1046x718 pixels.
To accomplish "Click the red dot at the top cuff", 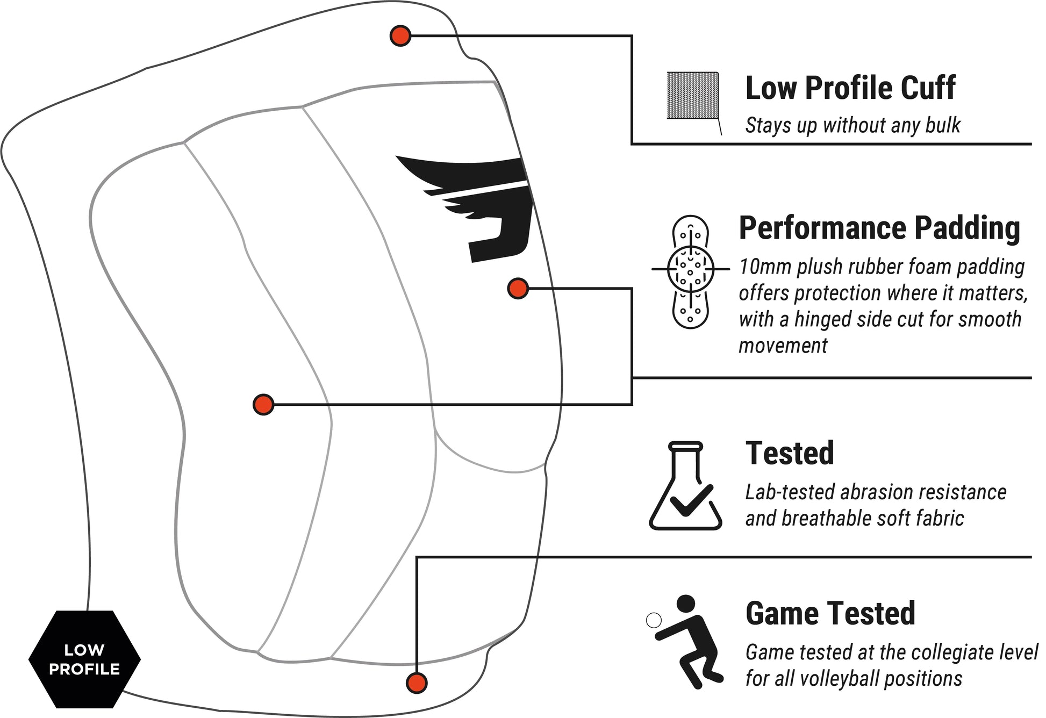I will [x=400, y=36].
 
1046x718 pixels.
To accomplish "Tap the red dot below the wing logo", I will [x=518, y=289].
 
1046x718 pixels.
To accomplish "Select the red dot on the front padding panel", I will [x=263, y=405].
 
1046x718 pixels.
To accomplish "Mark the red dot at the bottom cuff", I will [x=417, y=683].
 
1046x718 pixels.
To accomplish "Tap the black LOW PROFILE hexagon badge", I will [x=84, y=659].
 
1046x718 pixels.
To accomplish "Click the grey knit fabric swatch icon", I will [x=693, y=95].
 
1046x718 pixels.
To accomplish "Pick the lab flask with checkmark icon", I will [x=686, y=486].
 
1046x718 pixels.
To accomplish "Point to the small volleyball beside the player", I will [x=654, y=621].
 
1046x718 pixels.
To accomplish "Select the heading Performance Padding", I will [x=879, y=228].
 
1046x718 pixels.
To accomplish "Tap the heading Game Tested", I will [x=830, y=613].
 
